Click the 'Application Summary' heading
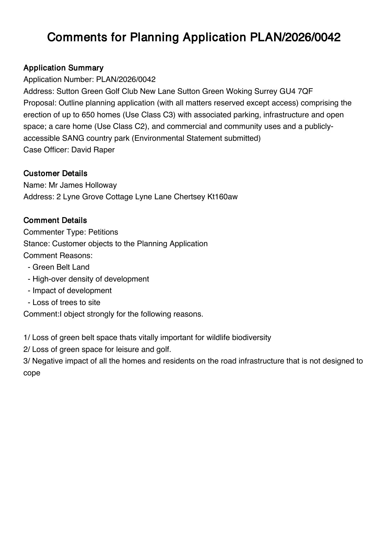63,68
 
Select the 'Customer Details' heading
55,173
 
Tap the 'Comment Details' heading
55,220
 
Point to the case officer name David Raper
93,150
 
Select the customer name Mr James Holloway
83,185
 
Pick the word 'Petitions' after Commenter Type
103,232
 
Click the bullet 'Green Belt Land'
61,267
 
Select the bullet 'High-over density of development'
90,279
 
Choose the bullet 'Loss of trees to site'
66,302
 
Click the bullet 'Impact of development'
72,291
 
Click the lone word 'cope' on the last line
32,373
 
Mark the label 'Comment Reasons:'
58,256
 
